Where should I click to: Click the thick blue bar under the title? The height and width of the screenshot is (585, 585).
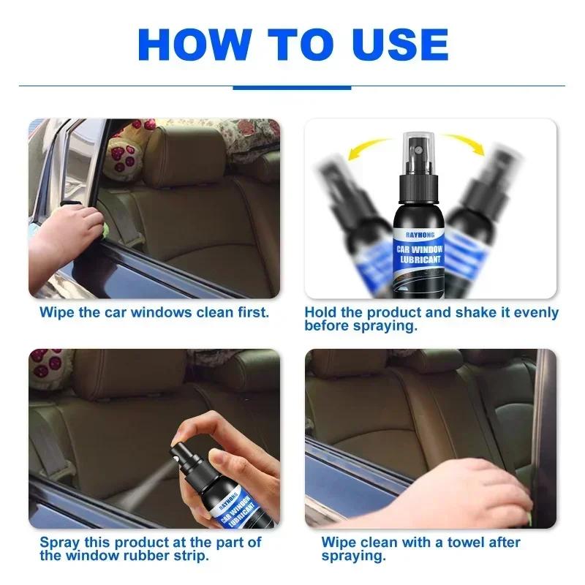[x=292, y=87]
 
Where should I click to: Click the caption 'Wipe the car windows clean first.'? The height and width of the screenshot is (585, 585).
[x=154, y=312]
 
